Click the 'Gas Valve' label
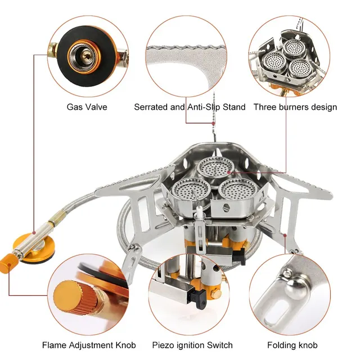pyautogui.click(x=87, y=106)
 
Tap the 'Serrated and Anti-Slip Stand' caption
pyautogui.click(x=190, y=106)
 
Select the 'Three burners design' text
pyautogui.click(x=295, y=106)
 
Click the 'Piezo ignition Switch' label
pyautogui.click(x=189, y=344)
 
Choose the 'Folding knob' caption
pyautogui.click(x=292, y=344)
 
